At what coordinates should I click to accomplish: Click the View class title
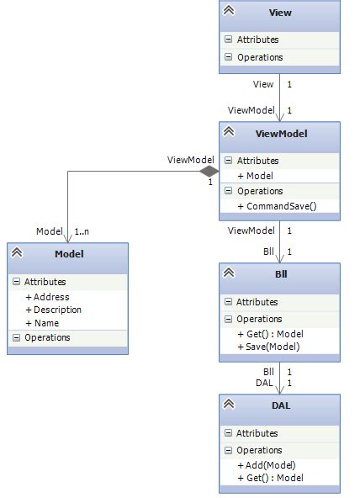(x=280, y=13)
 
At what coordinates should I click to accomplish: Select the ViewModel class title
(x=280, y=135)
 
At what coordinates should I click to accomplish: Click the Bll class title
(x=280, y=276)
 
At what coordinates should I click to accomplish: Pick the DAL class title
(x=280, y=407)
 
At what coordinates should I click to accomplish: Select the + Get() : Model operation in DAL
(x=270, y=478)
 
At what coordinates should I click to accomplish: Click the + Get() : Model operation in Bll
(x=270, y=334)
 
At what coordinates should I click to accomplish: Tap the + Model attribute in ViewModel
(x=255, y=175)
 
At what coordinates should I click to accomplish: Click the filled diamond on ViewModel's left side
(x=209, y=172)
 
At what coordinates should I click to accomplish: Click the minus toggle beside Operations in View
(x=228, y=57)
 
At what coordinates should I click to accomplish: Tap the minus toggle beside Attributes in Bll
(x=228, y=302)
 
